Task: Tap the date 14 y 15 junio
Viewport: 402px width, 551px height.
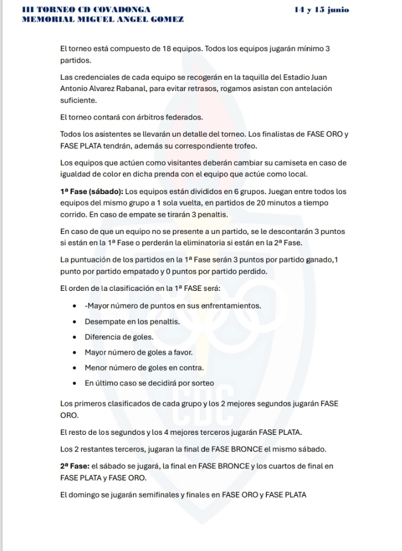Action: tap(322, 10)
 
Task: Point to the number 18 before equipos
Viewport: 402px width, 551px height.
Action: tap(167, 50)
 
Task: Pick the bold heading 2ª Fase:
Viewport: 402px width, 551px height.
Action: tap(74, 466)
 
